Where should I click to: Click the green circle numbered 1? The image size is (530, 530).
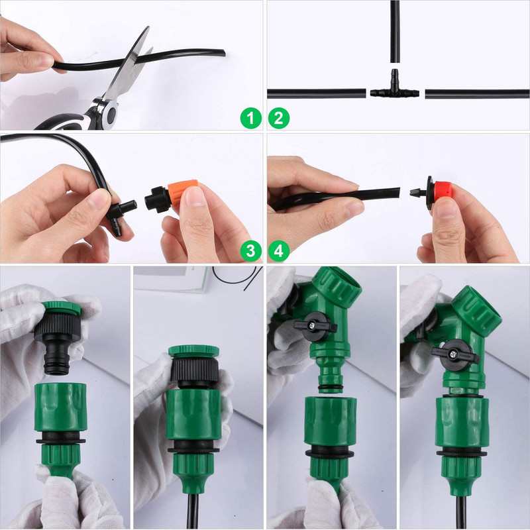click(250, 119)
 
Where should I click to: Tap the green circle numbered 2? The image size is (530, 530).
click(279, 119)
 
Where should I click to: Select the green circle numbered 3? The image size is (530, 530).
click(250, 250)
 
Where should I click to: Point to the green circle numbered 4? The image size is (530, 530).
click(279, 250)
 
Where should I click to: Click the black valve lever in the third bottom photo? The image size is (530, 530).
click(315, 325)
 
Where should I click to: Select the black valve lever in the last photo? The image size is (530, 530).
click(454, 348)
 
